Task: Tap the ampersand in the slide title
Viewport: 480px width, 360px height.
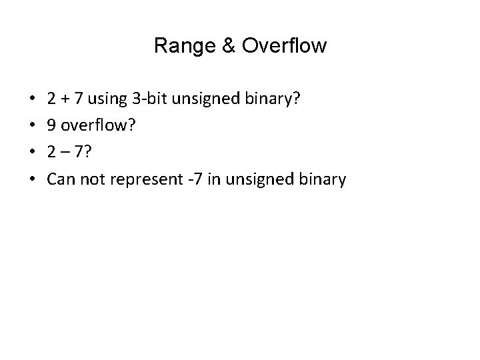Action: click(x=223, y=46)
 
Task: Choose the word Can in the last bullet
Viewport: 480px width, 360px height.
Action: click(x=60, y=179)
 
